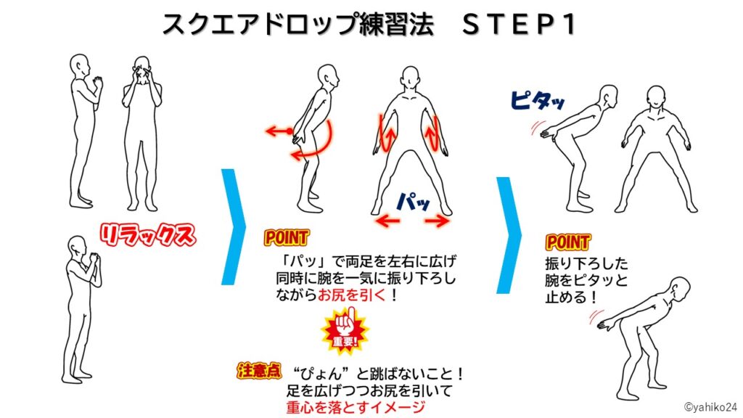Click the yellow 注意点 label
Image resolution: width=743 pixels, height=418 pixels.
[258, 371]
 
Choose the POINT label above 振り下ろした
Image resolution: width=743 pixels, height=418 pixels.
[567, 242]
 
